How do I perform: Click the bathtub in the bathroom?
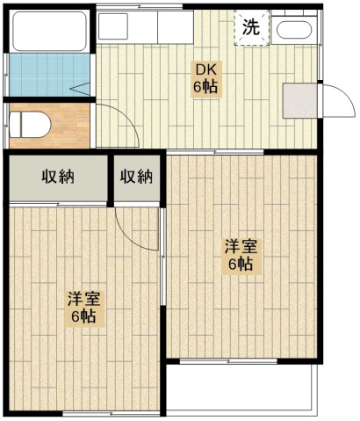50,32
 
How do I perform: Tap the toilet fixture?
30,125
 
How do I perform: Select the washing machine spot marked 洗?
251,27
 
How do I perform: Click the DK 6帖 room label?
205,78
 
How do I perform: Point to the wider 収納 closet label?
58,177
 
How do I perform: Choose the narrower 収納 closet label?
136,177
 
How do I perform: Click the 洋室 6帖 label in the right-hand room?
241,257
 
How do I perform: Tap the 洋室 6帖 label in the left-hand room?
84,309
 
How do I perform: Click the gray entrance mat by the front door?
299,100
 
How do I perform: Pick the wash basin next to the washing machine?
294,30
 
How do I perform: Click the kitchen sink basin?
112,26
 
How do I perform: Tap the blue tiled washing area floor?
49,75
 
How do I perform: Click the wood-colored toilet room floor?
70,126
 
